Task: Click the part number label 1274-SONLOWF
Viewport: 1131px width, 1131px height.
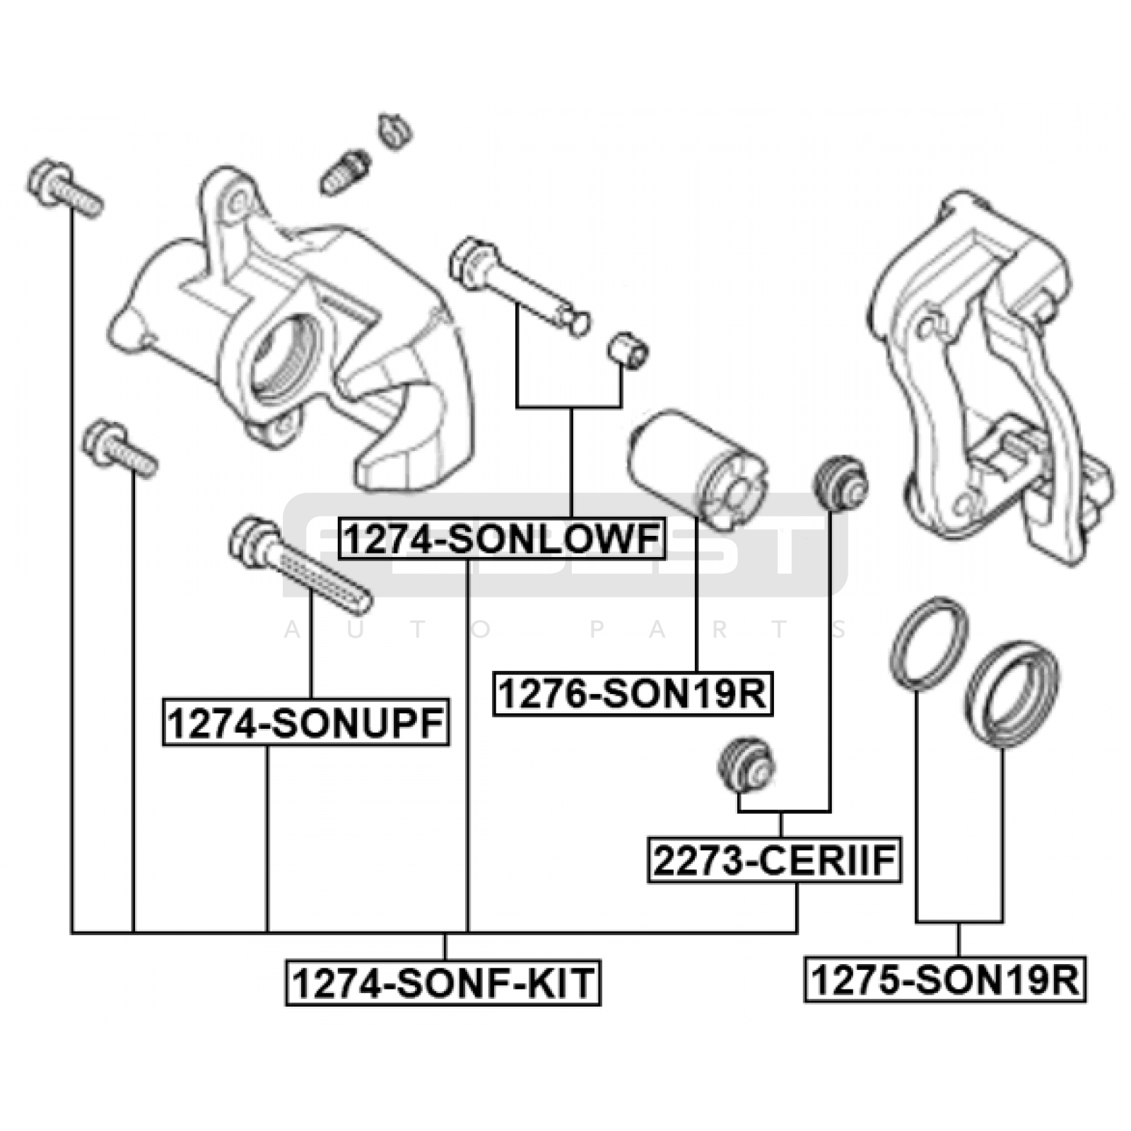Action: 502,539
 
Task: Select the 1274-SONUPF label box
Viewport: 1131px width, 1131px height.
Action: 305,723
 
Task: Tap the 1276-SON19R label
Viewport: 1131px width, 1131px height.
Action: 633,693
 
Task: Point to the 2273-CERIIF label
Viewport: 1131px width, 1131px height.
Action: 774,860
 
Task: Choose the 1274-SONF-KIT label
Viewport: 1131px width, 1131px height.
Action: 443,983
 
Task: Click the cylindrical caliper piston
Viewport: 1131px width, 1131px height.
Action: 696,470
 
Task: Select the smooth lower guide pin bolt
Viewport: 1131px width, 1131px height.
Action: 520,286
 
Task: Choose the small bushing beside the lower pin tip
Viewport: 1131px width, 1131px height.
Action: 628,349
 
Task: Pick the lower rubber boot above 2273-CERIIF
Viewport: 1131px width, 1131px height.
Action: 746,765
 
